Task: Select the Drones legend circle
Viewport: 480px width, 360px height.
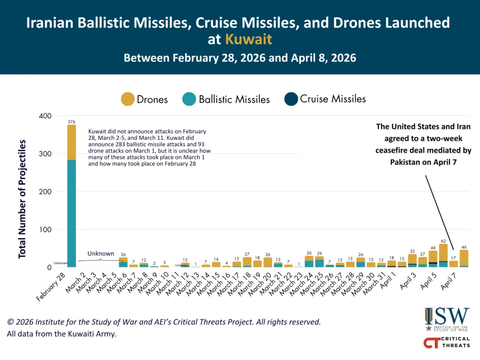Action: (x=127, y=99)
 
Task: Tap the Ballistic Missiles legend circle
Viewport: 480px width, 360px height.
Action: (x=189, y=99)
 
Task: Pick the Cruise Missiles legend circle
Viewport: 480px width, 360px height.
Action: (x=291, y=99)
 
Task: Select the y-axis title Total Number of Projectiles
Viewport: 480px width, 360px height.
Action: (x=22, y=199)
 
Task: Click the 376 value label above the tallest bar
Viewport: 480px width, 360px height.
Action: (x=71, y=122)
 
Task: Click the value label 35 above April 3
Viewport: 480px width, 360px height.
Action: (x=412, y=251)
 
